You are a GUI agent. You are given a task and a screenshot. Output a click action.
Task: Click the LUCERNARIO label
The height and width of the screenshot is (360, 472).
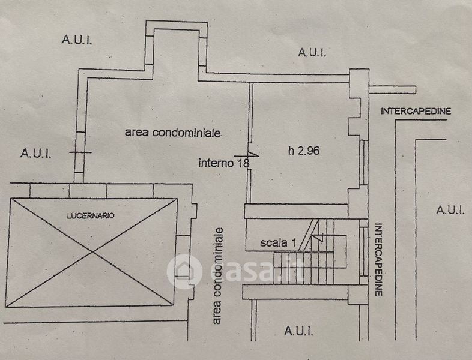tap(91, 214)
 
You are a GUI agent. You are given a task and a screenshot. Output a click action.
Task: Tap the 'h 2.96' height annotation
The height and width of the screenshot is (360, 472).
tap(303, 151)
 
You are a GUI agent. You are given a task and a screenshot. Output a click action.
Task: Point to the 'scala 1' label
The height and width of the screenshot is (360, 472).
tap(279, 243)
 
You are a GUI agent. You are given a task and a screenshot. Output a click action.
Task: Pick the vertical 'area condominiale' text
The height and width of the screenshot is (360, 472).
tap(218, 275)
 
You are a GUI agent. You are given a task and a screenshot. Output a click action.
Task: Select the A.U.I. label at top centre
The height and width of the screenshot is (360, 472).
tap(312, 52)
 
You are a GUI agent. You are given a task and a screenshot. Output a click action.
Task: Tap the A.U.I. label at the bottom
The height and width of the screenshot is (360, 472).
tap(297, 330)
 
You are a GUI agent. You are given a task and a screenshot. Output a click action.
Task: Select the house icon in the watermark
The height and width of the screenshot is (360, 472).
tap(184, 271)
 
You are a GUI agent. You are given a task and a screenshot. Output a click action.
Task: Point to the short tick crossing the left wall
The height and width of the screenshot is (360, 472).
tap(80, 152)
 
